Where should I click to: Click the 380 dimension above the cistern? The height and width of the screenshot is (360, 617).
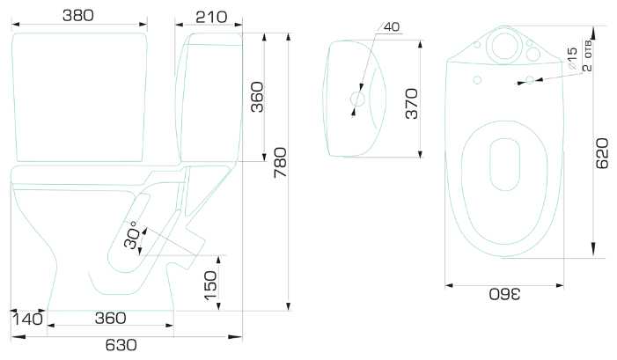(78, 16)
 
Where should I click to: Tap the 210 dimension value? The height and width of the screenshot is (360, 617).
(211, 17)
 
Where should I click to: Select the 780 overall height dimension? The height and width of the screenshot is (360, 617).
(281, 163)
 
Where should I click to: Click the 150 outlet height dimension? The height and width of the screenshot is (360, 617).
(210, 286)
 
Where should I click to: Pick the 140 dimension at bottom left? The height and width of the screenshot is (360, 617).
(27, 319)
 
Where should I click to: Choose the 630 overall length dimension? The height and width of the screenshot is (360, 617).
(121, 345)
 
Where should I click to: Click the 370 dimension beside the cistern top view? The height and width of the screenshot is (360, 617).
(412, 104)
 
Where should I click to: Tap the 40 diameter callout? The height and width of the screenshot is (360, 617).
(391, 26)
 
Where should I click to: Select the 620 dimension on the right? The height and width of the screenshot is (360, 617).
(602, 153)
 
